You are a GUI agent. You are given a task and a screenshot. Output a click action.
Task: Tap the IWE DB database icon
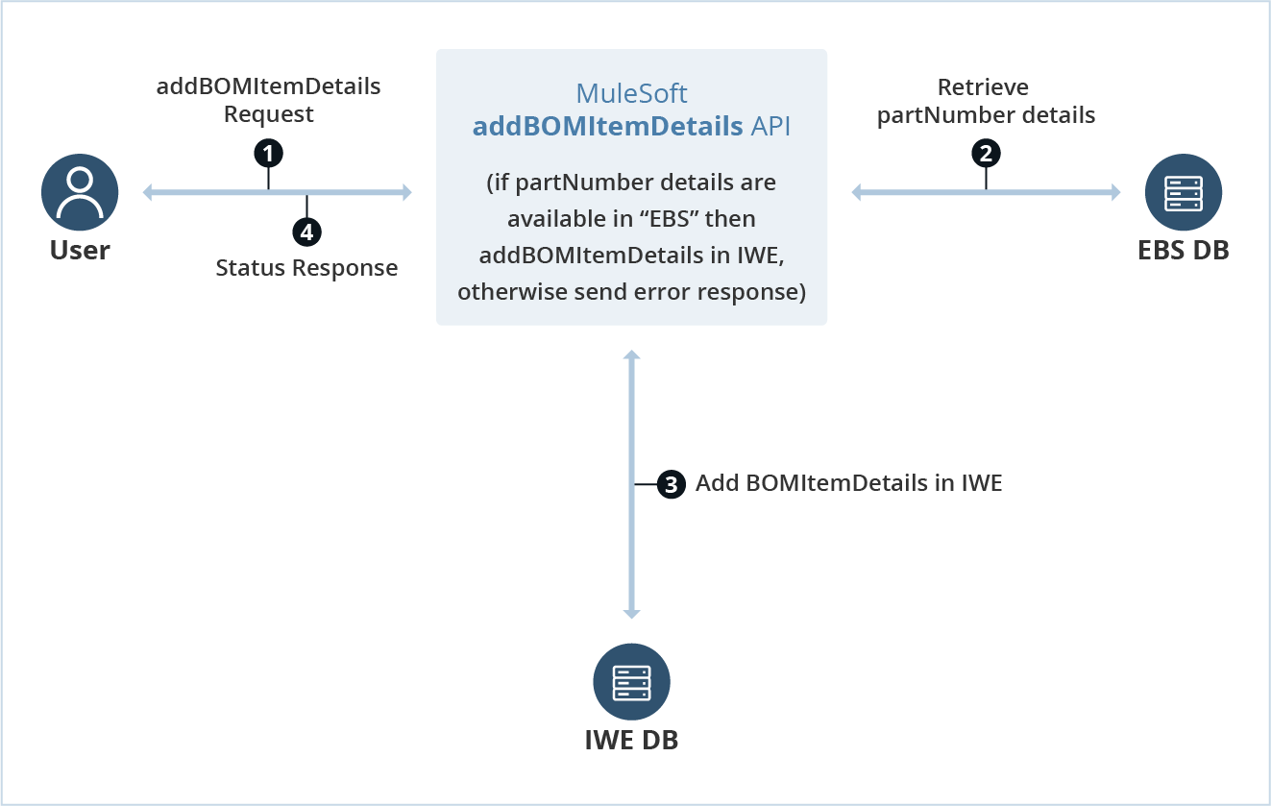pyautogui.click(x=631, y=681)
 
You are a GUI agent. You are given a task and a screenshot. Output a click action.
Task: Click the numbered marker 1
pyautogui.click(x=268, y=152)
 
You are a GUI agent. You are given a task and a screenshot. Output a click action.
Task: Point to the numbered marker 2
pyautogui.click(x=986, y=153)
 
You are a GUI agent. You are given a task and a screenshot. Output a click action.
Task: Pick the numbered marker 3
pyautogui.click(x=672, y=484)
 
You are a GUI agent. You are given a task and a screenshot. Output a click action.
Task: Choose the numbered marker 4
pyautogui.click(x=306, y=232)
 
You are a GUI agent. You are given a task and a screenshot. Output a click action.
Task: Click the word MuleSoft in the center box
pyautogui.click(x=631, y=94)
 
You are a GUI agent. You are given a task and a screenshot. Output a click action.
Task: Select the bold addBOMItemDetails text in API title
pyautogui.click(x=607, y=126)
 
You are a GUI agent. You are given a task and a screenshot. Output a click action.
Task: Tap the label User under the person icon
pyautogui.click(x=80, y=251)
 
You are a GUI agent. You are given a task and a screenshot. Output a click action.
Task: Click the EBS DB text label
pyautogui.click(x=1183, y=251)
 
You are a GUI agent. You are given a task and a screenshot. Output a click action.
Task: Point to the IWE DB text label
pyautogui.click(x=631, y=741)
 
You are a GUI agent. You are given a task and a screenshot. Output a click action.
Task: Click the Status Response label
pyautogui.click(x=306, y=268)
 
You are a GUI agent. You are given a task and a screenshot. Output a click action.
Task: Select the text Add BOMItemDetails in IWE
pyautogui.click(x=848, y=483)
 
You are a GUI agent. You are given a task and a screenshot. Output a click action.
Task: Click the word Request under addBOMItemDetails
pyautogui.click(x=268, y=114)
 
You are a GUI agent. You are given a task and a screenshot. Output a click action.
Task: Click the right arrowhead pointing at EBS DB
pyautogui.click(x=1115, y=193)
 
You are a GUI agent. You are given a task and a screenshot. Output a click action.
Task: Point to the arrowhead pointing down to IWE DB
pyautogui.click(x=631, y=613)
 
